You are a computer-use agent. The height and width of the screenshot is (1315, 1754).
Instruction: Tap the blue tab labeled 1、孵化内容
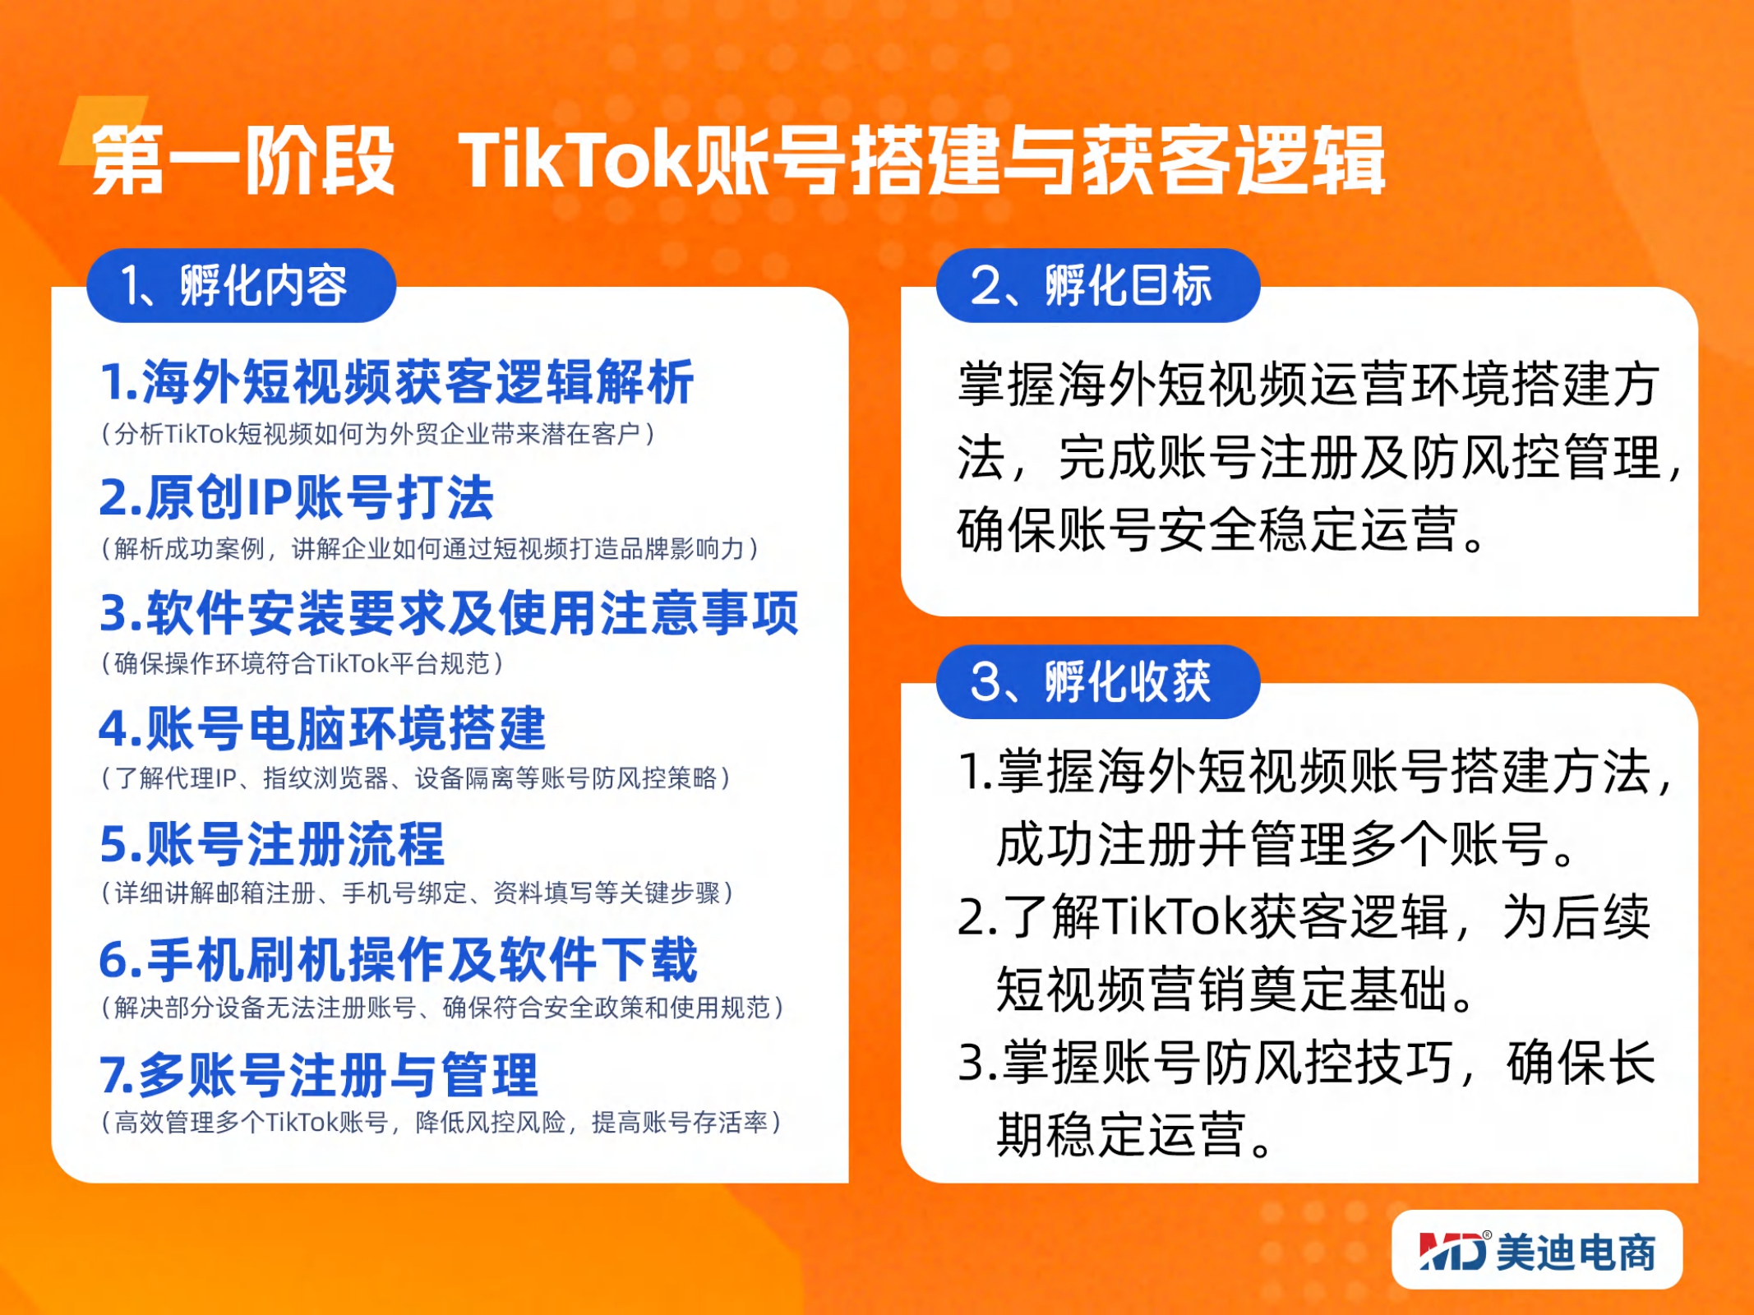point(241,285)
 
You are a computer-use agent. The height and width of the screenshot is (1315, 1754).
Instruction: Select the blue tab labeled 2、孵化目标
point(1097,285)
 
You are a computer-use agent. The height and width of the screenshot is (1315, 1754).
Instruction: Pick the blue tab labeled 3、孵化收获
point(1097,681)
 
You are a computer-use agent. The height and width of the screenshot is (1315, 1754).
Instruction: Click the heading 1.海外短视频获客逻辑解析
point(397,382)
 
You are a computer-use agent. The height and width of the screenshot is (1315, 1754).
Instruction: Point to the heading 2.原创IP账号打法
point(296,497)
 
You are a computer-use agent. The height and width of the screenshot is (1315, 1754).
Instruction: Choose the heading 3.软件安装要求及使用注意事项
point(449,613)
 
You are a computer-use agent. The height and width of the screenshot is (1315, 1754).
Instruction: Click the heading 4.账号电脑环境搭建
point(322,728)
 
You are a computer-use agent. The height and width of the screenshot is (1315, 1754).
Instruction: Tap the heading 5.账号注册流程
point(272,844)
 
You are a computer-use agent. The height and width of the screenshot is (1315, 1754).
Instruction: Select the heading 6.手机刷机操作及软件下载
point(398,959)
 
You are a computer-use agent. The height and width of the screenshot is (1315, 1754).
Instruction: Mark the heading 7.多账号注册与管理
point(319,1075)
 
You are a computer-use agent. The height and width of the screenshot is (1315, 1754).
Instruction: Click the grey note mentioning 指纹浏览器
point(416,777)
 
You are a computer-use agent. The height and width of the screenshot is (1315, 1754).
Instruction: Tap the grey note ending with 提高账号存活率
point(441,1122)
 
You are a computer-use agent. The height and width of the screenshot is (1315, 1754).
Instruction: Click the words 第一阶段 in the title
point(244,160)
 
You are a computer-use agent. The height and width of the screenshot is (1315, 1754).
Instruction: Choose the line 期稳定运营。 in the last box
point(1135,1135)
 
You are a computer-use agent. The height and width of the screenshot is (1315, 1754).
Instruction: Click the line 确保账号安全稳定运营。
point(1222,529)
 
